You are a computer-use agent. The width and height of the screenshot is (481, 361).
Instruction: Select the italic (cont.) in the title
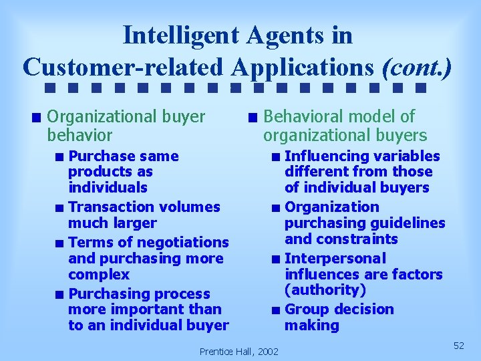pos(416,67)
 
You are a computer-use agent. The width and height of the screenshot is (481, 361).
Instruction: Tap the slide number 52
pos(458,345)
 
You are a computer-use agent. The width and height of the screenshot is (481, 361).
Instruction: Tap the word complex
pos(99,275)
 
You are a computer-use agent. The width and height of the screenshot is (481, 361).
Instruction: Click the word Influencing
pos(326,156)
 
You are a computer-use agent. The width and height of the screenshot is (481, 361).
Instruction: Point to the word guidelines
pos(410,223)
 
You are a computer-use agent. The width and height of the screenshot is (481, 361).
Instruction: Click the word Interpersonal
pos(335,259)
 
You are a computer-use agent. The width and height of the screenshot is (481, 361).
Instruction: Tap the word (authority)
pos(325,290)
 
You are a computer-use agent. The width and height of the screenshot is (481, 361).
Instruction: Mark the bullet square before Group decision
pos(276,310)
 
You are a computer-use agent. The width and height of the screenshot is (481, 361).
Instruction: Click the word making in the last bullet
pos(312,326)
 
